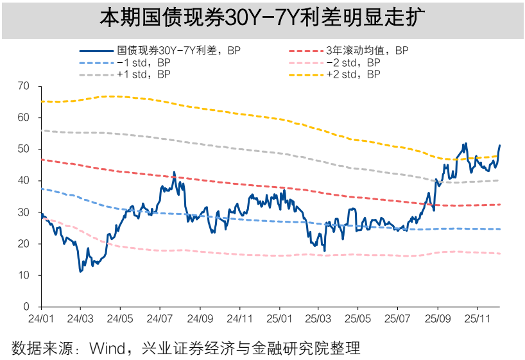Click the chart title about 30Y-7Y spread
(262, 17)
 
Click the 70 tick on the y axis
(24, 85)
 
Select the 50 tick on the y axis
(24, 149)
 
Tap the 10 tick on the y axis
(24, 275)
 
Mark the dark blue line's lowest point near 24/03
(81, 271)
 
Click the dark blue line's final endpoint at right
(500, 146)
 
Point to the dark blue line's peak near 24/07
(174, 173)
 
